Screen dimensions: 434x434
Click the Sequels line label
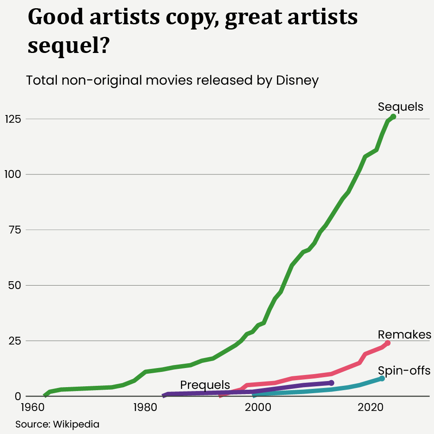[400, 107]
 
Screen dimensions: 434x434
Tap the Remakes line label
[404, 335]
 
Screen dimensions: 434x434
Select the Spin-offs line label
[404, 371]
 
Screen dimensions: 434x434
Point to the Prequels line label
[205, 385]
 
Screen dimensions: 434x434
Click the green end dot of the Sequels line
[393, 116]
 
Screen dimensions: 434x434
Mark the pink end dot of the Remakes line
[388, 343]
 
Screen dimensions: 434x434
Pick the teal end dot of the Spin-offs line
[382, 378]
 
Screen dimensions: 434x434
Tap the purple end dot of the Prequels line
[332, 383]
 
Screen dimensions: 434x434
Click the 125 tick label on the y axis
[13, 119]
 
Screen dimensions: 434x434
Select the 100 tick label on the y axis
[13, 174]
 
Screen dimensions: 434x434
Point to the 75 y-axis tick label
[16, 230]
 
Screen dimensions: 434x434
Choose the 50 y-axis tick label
[16, 286]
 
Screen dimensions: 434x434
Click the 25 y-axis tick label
[16, 341]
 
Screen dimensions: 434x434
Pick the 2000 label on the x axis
[258, 408]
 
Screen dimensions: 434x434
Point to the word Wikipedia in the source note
[76, 424]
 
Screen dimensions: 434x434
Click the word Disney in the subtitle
[297, 81]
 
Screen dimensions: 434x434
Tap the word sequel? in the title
[68, 45]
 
